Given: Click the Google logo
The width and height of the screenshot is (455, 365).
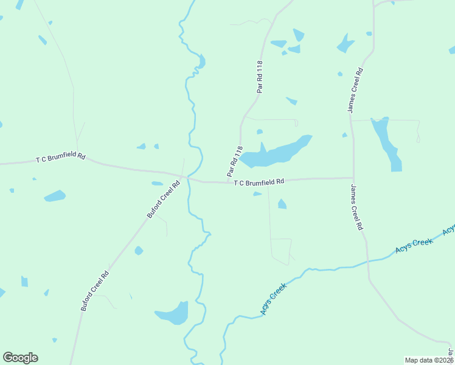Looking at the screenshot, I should pos(20,358).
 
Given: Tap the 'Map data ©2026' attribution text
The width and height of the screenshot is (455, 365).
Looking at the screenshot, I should pos(429,360).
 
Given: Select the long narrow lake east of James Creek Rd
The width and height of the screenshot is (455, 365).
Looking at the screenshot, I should pos(387,143).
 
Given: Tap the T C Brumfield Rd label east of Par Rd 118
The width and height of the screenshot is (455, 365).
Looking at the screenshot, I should pos(259,181).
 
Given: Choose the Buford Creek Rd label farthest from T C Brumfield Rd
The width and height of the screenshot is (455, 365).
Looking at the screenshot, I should pos(95,291).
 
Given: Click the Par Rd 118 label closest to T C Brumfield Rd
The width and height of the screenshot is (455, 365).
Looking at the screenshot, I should pos(235,162).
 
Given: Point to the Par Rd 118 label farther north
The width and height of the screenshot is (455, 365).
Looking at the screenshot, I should pos(260,76).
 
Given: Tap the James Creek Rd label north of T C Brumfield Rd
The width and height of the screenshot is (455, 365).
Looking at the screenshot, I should pos(355,89).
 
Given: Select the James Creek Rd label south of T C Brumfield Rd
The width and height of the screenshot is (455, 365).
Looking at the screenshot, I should pos(356,207).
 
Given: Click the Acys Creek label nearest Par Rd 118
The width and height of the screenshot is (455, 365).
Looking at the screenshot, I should pos(273,299).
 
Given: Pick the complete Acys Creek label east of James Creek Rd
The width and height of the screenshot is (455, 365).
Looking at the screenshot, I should pos(414,245).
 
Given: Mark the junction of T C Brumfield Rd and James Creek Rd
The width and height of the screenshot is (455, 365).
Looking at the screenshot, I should pos(353,178).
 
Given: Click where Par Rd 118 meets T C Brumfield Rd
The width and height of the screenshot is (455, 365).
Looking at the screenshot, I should pos(227,182).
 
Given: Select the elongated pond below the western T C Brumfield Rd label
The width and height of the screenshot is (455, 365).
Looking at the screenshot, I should pos(55,196).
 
